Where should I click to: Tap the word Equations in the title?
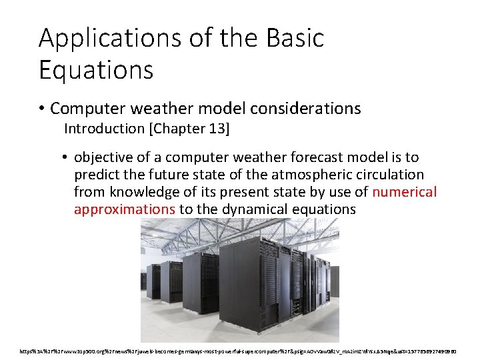96,69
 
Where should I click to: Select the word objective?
103,158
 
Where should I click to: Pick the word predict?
97,175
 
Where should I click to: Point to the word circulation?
391,175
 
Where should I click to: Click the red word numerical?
405,193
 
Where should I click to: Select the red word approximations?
125,209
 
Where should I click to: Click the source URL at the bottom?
239,349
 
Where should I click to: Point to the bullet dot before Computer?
43,109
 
